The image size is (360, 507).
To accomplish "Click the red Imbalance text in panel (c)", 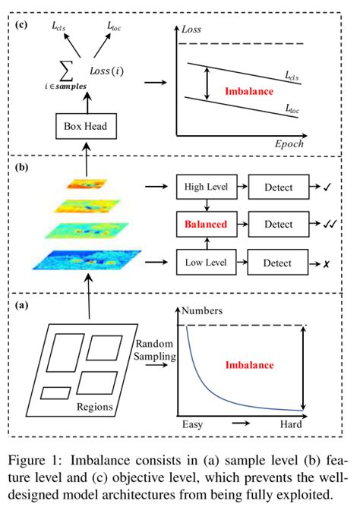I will click(250, 91).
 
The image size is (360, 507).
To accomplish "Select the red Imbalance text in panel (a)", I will click(249, 364).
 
